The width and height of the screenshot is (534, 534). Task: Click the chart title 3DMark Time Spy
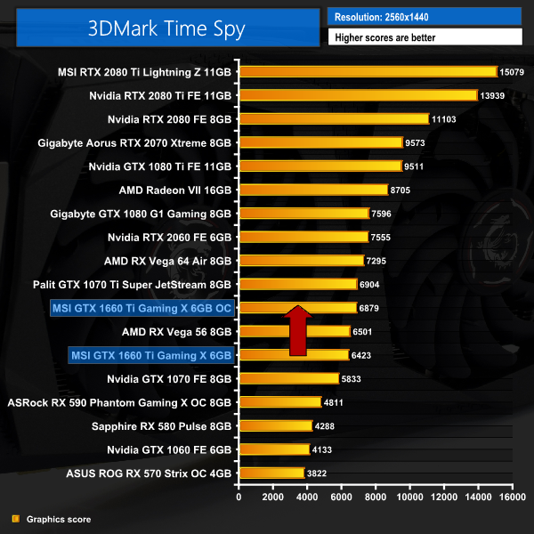click(x=166, y=28)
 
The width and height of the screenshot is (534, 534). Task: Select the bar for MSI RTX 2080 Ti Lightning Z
click(x=367, y=71)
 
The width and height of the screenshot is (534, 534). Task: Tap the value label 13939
click(x=494, y=95)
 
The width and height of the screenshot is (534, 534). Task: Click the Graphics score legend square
click(x=14, y=519)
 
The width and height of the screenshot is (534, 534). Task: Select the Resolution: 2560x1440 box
click(x=425, y=16)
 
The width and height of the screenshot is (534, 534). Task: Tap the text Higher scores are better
click(x=425, y=37)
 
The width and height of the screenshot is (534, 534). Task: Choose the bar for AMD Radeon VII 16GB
click(x=312, y=190)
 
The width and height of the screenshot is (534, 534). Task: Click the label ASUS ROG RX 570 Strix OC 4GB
click(x=149, y=473)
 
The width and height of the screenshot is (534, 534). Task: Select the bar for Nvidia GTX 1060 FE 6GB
click(x=273, y=449)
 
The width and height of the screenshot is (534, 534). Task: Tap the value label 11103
click(x=445, y=118)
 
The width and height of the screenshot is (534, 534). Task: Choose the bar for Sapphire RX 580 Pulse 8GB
click(x=275, y=426)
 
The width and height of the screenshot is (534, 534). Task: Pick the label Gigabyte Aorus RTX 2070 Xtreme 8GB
click(x=134, y=142)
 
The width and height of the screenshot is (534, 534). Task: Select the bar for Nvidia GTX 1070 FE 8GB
click(x=287, y=378)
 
